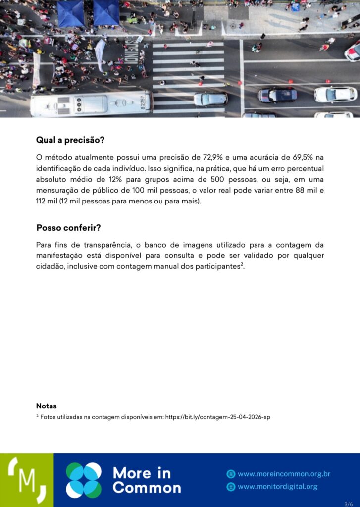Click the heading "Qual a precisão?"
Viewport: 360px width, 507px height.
click(70, 140)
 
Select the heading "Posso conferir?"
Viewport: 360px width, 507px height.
click(68, 228)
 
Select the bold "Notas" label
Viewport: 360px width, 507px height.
click(46, 406)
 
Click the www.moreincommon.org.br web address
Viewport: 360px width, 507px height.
click(283, 474)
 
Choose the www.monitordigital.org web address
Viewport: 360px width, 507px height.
click(277, 486)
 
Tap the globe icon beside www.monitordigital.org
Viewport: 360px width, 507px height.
click(230, 487)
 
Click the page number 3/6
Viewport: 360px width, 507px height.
click(348, 503)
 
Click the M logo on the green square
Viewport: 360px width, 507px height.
click(27, 480)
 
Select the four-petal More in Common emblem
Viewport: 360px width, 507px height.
click(84, 480)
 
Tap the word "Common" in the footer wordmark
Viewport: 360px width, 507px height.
click(147, 488)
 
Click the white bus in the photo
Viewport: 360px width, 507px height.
click(92, 104)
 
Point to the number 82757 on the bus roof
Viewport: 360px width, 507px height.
click(144, 102)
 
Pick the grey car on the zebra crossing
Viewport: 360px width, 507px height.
click(210, 99)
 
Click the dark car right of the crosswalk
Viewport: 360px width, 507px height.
click(278, 95)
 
